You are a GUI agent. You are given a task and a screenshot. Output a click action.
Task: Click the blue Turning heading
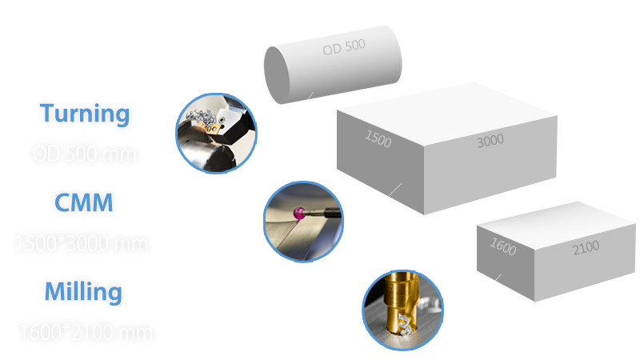coord(85,114)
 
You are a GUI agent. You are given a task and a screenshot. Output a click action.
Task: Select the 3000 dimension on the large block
coord(490,141)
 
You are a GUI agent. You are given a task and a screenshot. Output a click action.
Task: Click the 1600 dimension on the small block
coord(502,248)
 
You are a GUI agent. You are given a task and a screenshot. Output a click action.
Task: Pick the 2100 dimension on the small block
coord(586,248)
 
